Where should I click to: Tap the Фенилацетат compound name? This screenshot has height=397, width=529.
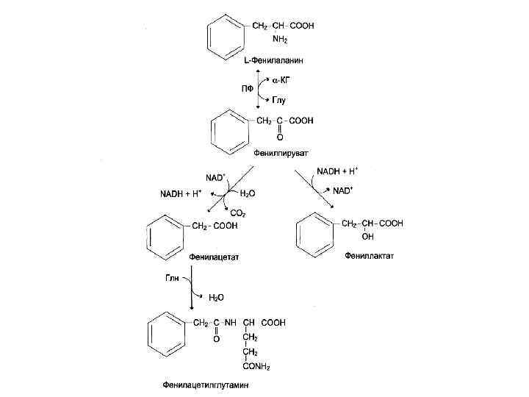pyautogui.click(x=215, y=257)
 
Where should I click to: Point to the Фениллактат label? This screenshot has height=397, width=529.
pyautogui.click(x=369, y=257)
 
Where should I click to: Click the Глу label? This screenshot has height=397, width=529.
pyautogui.click(x=279, y=99)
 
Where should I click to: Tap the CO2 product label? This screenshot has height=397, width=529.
pyautogui.click(x=238, y=213)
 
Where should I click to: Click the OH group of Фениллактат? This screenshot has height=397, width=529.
pyautogui.click(x=367, y=237)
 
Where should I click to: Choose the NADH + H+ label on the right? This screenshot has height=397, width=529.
pyautogui.click(x=337, y=171)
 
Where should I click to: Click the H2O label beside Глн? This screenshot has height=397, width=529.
pyautogui.click(x=217, y=298)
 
